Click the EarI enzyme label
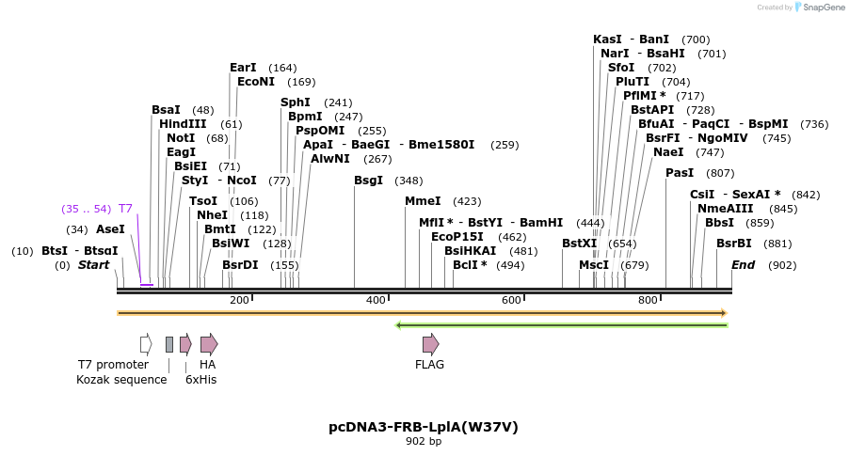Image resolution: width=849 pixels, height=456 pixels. tap(243, 68)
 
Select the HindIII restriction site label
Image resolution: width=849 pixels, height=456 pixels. tap(183, 124)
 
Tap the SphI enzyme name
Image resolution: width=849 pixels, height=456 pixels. tap(296, 102)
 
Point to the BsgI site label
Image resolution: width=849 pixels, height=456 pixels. tap(369, 181)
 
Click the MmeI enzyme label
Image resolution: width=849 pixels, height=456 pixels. tap(423, 201)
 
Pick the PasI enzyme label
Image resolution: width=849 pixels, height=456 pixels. tap(680, 173)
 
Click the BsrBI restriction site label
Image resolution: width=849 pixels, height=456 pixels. tap(734, 244)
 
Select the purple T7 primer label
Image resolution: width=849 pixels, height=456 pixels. tap(125, 209)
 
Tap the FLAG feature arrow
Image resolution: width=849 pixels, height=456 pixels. tap(430, 344)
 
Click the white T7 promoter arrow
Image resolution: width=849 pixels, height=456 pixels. tap(146, 344)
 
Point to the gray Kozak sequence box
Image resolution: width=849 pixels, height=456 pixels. tap(169, 344)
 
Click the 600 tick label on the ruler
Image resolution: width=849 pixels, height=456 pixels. tap(511, 300)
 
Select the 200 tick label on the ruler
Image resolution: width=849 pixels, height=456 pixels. tap(239, 300)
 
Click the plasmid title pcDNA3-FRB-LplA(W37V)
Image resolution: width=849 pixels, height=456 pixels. tap(424, 427)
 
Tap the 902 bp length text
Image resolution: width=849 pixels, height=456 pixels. tap(424, 441)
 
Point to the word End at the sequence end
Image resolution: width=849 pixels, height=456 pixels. tap(744, 265)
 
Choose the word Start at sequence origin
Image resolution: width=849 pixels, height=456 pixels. tap(93, 265)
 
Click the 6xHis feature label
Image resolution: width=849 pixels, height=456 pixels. tap(200, 380)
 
